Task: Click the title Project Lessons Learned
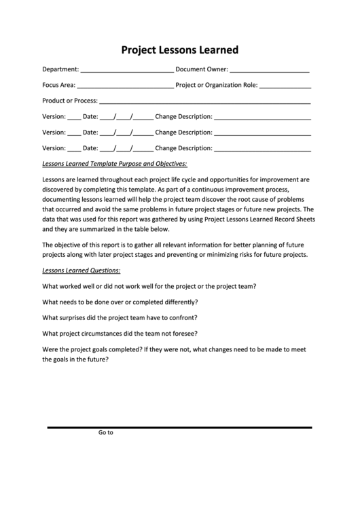179,50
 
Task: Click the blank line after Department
127,71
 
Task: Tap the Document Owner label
202,69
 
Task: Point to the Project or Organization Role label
216,86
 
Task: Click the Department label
60,69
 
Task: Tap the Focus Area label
58,86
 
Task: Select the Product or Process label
70,101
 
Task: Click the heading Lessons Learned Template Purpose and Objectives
114,164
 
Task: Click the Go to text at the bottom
105,432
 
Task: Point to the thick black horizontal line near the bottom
179,427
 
